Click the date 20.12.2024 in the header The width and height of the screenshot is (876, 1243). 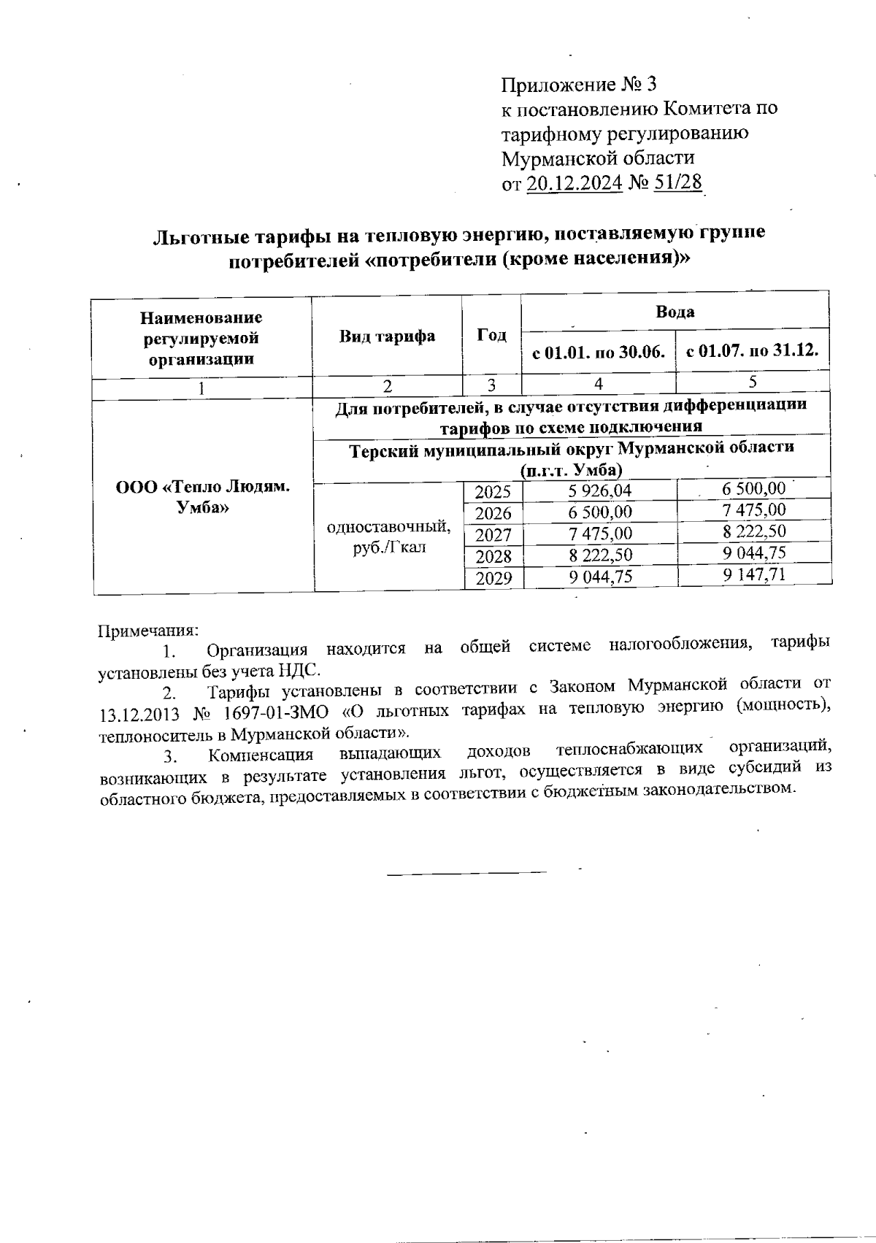click(x=573, y=182)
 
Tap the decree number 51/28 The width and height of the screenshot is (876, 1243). click(x=678, y=182)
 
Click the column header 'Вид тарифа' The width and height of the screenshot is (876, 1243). click(x=387, y=336)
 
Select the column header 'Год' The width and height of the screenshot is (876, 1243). click(x=491, y=335)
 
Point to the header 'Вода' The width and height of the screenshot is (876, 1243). click(x=675, y=312)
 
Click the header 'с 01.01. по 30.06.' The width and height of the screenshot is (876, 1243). click(x=598, y=353)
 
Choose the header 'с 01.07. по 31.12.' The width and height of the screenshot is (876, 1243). click(x=752, y=352)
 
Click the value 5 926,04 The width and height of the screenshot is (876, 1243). click(x=600, y=490)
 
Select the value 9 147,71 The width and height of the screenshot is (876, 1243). click(x=754, y=574)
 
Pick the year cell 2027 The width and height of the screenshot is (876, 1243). click(x=493, y=535)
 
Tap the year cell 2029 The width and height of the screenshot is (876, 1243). click(x=493, y=579)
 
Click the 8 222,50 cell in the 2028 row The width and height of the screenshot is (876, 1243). click(x=600, y=556)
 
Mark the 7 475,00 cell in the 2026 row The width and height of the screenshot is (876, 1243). click(x=754, y=509)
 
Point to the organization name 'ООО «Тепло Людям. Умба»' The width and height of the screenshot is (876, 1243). click(x=202, y=497)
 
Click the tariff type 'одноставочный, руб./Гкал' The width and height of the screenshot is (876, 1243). click(x=388, y=537)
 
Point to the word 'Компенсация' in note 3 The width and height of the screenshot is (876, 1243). click(x=260, y=754)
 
